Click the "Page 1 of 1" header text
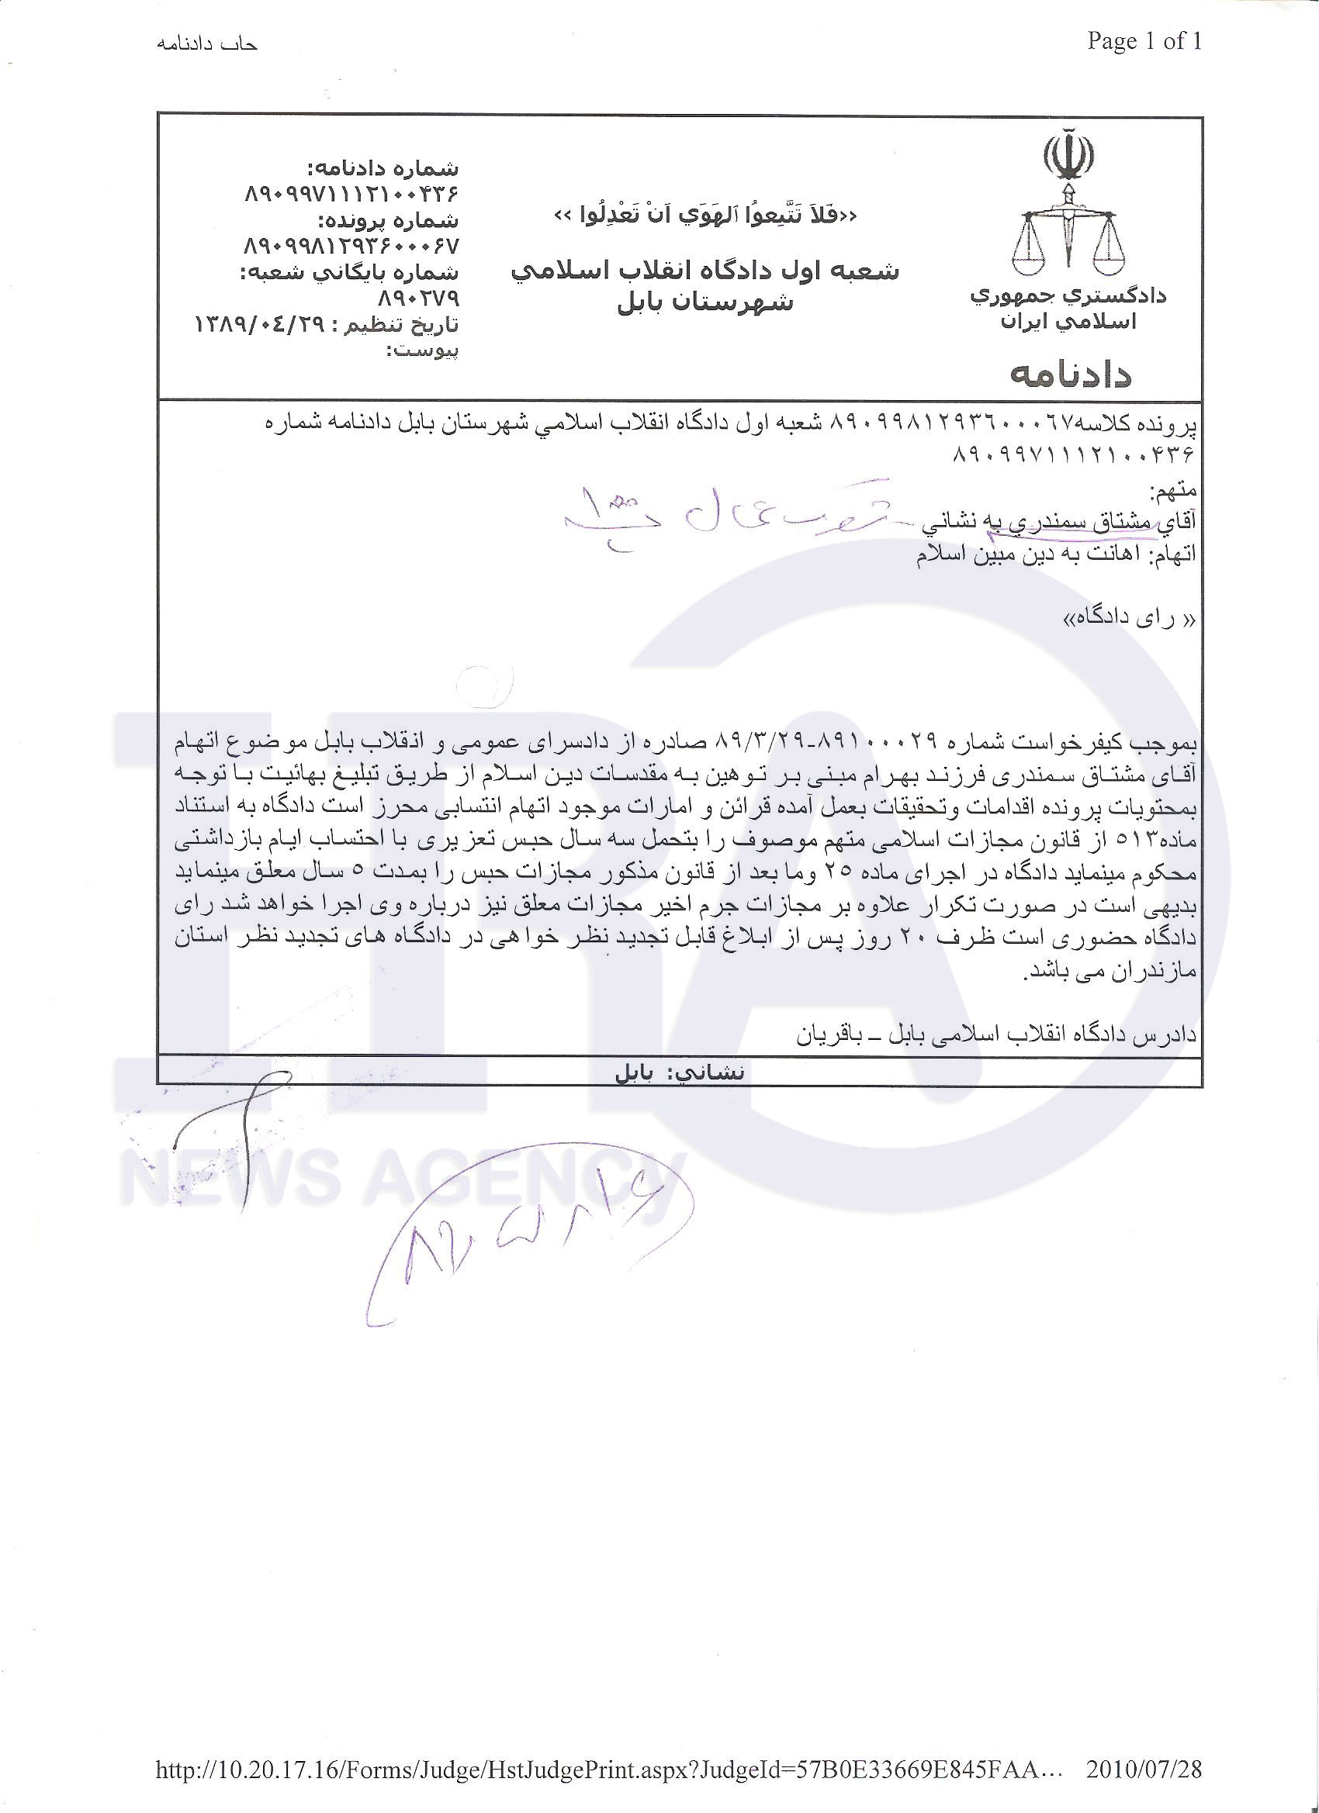coord(1144,42)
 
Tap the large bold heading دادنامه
coord(1071,375)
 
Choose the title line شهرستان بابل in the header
coord(705,303)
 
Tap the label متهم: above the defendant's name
coord(1172,490)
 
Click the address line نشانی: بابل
coord(679,1072)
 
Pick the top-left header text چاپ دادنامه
coord(207,45)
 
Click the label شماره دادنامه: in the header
coord(384,169)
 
